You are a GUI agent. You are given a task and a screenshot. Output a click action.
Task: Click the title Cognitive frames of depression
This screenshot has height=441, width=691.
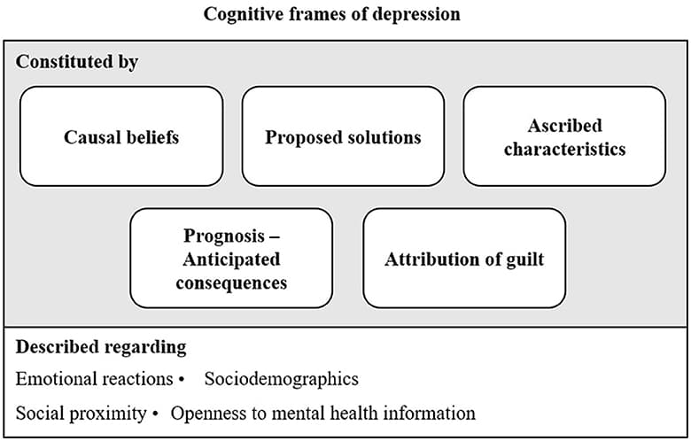pyautogui.click(x=332, y=15)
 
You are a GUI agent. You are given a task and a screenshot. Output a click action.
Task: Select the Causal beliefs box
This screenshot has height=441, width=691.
pyautogui.click(x=121, y=136)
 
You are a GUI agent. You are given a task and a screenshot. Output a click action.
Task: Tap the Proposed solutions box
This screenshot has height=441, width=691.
pyautogui.click(x=343, y=136)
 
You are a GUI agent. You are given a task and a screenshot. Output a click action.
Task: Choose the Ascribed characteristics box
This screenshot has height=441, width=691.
pyautogui.click(x=564, y=136)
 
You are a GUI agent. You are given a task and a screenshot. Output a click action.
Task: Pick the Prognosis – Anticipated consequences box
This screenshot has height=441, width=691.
pyautogui.click(x=231, y=259)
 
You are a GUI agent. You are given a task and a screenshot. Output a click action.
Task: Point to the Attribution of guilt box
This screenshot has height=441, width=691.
pyautogui.click(x=464, y=259)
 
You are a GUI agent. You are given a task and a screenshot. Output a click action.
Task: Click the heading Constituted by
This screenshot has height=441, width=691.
pyautogui.click(x=77, y=63)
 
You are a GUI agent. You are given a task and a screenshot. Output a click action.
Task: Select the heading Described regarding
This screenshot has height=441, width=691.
pyautogui.click(x=101, y=346)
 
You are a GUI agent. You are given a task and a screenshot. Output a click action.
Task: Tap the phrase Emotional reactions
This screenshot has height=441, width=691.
pyautogui.click(x=94, y=379)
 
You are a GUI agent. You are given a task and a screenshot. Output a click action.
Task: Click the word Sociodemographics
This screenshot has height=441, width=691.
pyautogui.click(x=281, y=379)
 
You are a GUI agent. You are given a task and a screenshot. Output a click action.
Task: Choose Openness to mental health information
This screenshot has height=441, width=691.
pyautogui.click(x=323, y=413)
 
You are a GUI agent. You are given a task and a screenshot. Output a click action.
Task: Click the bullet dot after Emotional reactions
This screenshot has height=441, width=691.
pyautogui.click(x=181, y=379)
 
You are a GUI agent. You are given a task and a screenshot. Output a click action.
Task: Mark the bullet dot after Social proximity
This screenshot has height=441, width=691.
pyautogui.click(x=157, y=413)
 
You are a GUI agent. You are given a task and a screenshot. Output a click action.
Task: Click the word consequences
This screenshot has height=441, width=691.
pyautogui.click(x=231, y=283)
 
